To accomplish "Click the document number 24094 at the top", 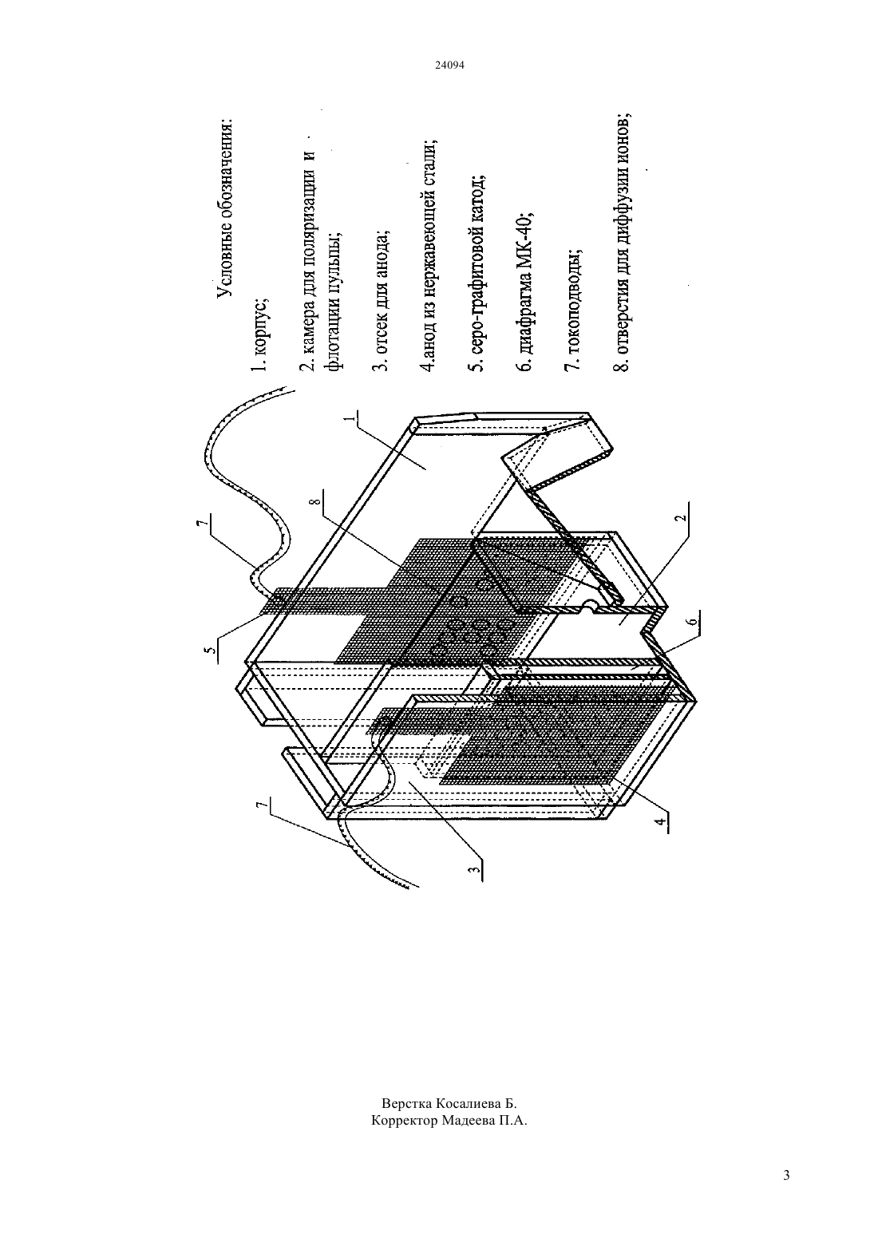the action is [449, 65].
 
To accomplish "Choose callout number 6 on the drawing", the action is [694, 622].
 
